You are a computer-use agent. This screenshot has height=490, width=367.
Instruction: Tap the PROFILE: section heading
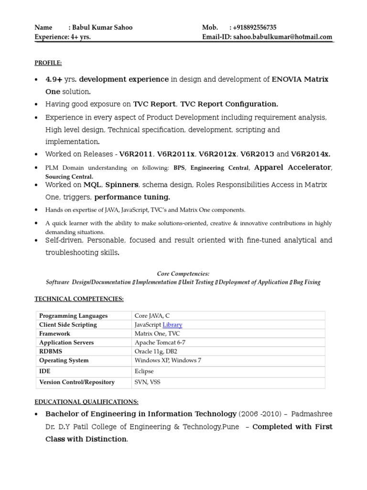[x=48, y=63]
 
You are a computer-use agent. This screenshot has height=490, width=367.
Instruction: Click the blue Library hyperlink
[x=173, y=324]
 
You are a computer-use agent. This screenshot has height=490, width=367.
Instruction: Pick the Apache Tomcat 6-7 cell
[x=161, y=343]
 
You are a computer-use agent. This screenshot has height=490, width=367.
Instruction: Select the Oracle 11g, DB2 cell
[x=156, y=351]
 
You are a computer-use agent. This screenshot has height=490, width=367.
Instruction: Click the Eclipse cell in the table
[x=144, y=371]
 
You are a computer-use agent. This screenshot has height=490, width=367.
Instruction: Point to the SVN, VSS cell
[x=148, y=382]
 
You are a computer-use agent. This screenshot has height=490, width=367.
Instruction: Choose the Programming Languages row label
[x=73, y=316]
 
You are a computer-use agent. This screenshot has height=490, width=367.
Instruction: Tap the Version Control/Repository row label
[x=76, y=382]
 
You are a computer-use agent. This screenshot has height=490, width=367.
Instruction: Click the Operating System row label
[x=64, y=360]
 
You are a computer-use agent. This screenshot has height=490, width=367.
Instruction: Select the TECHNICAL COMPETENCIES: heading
[x=79, y=299]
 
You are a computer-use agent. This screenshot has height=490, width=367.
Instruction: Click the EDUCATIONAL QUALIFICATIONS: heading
[x=86, y=401]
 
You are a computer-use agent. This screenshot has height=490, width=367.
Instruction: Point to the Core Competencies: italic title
[x=183, y=274]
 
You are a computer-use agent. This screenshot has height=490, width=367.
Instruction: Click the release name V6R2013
[x=257, y=154]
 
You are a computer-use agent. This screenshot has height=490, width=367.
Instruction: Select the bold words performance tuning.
[x=132, y=197]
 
